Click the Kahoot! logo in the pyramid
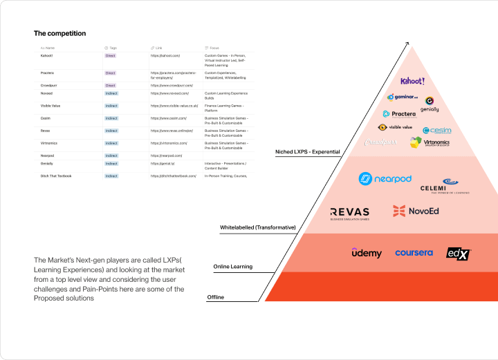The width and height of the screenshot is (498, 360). coord(412,82)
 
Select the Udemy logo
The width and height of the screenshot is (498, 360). coord(367,254)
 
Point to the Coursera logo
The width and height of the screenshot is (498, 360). coord(414,253)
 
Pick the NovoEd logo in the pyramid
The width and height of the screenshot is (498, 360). coord(416,211)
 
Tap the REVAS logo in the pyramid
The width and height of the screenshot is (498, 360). coord(350,214)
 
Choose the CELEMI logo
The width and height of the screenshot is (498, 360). coord(445,186)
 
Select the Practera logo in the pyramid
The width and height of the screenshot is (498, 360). coord(399,114)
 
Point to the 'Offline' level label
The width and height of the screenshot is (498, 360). coord(215,297)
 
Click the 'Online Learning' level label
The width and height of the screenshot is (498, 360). coord(232,267)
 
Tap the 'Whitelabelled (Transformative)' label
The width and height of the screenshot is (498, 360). coord(257,227)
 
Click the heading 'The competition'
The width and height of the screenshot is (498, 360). coord(60,33)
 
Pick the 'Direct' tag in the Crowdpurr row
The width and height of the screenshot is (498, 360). coord(110,85)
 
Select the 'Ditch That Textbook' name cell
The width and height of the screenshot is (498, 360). coord(56,176)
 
